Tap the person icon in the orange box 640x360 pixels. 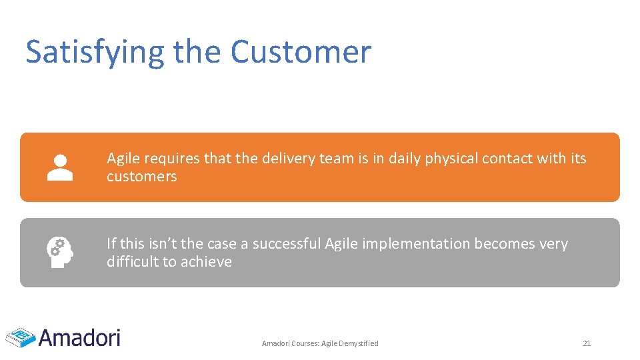pos(60,167)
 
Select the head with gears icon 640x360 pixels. pos(59,253)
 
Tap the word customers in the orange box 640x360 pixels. pos(141,177)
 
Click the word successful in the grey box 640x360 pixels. pos(287,244)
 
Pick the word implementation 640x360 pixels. pos(416,244)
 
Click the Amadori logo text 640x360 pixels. pos(79,337)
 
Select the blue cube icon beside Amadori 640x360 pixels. pos(21,337)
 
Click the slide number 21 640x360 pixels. pos(587,343)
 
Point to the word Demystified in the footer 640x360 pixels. pos(359,343)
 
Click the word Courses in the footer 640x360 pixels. pos(304,343)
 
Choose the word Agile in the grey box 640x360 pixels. pos(341,244)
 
